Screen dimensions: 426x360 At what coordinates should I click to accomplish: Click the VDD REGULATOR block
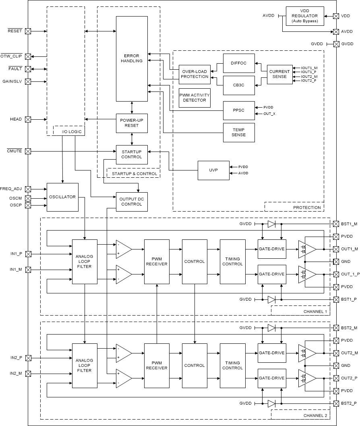(x=304, y=16)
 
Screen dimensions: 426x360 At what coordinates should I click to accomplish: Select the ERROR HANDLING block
(x=132, y=58)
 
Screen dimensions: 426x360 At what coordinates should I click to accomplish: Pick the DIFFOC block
(x=239, y=63)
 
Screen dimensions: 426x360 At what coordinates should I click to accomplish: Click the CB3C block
(x=239, y=85)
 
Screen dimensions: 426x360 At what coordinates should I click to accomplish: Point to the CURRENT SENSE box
(x=279, y=74)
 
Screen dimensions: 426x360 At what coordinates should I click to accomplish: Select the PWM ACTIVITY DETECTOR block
(x=194, y=98)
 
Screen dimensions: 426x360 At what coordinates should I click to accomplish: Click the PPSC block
(x=239, y=110)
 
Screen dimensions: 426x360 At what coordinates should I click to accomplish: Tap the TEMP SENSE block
(x=239, y=132)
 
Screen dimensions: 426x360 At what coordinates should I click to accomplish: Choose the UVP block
(x=213, y=170)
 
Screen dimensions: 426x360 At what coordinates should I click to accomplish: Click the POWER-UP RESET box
(x=132, y=123)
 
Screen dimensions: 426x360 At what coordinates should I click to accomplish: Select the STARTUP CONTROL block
(x=132, y=154)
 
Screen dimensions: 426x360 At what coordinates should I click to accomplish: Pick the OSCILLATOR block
(x=62, y=197)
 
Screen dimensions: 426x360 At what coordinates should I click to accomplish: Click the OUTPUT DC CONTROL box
(x=132, y=202)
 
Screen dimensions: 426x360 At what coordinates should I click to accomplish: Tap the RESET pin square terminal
(x=28, y=31)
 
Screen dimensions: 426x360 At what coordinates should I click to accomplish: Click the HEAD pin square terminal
(x=28, y=119)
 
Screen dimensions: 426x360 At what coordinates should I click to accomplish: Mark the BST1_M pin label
(x=349, y=224)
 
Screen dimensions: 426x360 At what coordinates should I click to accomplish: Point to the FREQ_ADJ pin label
(x=11, y=189)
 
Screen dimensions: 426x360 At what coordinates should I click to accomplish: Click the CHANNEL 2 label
(x=315, y=415)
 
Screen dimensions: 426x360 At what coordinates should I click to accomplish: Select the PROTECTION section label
(x=307, y=208)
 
